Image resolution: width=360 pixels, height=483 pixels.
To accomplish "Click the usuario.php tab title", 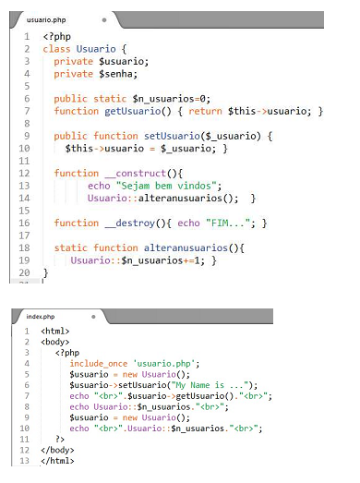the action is [x=46, y=20].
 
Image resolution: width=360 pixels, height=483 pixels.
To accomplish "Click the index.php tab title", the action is [x=41, y=317].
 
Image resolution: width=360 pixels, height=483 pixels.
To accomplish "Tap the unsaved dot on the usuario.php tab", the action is [x=104, y=20].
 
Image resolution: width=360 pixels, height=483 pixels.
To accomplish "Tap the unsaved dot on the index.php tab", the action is [x=93, y=317].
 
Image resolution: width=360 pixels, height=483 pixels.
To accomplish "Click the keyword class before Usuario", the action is [x=56, y=49].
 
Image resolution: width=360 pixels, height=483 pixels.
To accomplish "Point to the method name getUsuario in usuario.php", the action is [x=132, y=111].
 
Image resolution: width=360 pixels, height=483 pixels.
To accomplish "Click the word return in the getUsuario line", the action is [x=205, y=111].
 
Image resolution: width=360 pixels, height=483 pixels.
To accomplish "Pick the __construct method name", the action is [x=136, y=174].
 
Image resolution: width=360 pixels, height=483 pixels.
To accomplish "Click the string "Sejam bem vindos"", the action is [x=166, y=186].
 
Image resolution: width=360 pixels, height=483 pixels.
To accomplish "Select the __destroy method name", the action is [x=129, y=223].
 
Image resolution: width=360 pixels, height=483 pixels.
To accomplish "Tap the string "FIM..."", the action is [x=228, y=223].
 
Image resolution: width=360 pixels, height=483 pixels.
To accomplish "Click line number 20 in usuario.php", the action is [x=24, y=272].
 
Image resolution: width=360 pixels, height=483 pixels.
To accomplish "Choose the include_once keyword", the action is [x=99, y=364].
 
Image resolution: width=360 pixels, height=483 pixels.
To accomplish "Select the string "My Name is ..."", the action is [x=210, y=385].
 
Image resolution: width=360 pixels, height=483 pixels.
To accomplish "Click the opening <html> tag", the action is [x=55, y=332].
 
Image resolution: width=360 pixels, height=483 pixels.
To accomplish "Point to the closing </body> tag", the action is [x=57, y=450].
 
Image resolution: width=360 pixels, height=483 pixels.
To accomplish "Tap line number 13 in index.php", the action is [x=25, y=461].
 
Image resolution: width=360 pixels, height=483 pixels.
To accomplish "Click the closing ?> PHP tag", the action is [x=60, y=439].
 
